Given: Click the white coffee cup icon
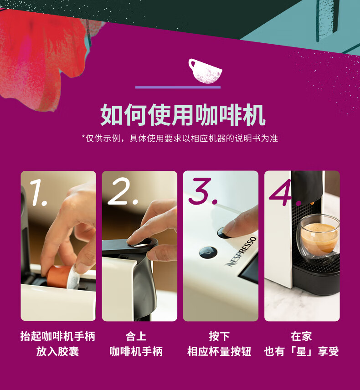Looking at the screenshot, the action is (205, 72).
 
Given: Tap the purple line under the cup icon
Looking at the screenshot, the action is (178, 87).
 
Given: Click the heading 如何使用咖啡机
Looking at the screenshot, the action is (183, 115).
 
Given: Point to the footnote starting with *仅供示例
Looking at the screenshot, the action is (180, 139).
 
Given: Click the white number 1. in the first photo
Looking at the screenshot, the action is (38, 193).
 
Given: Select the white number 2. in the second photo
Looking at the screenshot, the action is (123, 192).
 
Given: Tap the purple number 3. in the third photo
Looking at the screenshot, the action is (202, 191).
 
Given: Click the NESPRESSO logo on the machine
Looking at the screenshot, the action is (241, 251).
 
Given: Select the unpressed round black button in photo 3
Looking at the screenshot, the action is (208, 252).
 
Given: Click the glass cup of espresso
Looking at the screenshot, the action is (318, 238).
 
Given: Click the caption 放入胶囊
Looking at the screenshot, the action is (57, 351).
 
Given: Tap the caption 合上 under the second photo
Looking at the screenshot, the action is (136, 336).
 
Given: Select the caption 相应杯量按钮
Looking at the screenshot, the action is (219, 351).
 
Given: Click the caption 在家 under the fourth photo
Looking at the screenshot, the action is (301, 336).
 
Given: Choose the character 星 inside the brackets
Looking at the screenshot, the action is (301, 351).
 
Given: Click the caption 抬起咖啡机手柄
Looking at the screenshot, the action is (58, 336).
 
